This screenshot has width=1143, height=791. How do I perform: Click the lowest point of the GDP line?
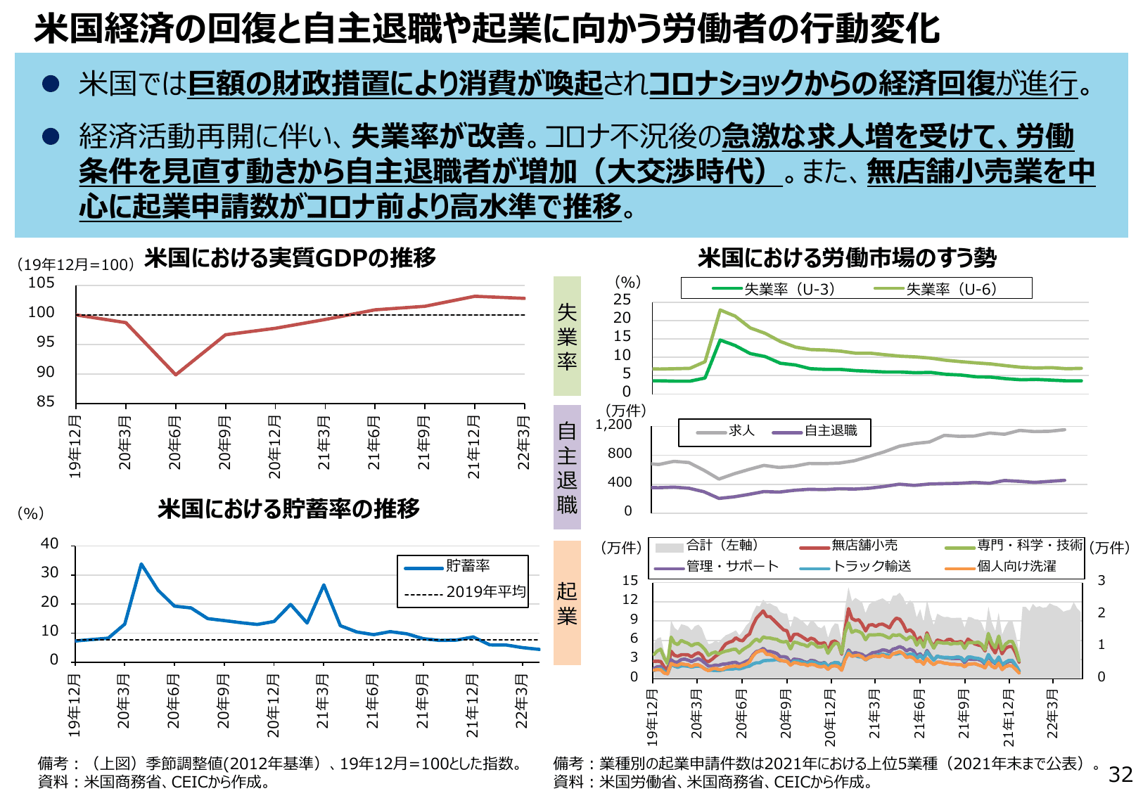(x=176, y=374)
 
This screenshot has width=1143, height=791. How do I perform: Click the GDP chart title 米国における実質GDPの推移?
(x=290, y=258)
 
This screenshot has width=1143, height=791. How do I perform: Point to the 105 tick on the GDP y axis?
(x=41, y=283)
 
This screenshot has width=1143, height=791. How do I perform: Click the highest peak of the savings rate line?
(x=141, y=564)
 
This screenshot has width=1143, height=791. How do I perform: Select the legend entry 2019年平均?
(x=485, y=592)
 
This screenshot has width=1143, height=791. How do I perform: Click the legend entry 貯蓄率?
(x=467, y=566)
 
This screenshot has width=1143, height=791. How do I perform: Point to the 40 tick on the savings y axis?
(x=49, y=544)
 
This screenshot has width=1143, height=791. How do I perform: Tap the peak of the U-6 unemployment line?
(x=720, y=310)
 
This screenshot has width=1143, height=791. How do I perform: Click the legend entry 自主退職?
(x=831, y=431)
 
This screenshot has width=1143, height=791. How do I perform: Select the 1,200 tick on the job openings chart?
(x=613, y=425)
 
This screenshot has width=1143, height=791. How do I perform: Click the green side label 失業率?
(x=567, y=336)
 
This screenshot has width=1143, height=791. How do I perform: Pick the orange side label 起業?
(x=567, y=603)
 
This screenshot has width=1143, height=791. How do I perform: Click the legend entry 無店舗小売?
(x=864, y=545)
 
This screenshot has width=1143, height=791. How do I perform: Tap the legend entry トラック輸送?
(x=871, y=566)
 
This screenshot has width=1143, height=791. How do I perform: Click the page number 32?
(x=1120, y=774)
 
